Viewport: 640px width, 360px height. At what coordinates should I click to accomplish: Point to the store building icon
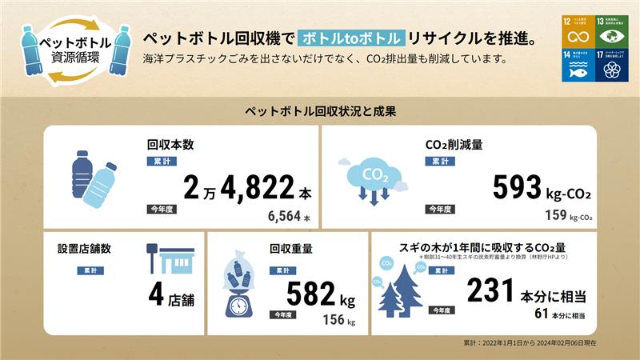coord(173,259)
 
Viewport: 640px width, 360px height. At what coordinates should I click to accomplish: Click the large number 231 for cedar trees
coord(488,290)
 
